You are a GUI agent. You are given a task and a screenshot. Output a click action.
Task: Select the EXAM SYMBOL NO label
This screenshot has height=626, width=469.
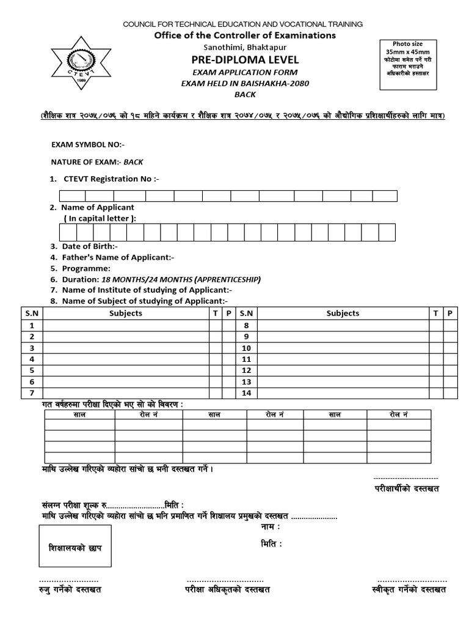pyautogui.click(x=88, y=145)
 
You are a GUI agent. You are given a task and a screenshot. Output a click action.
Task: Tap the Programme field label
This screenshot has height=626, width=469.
pyautogui.click(x=85, y=268)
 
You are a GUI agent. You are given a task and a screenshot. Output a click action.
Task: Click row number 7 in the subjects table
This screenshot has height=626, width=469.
pyautogui.click(x=31, y=392)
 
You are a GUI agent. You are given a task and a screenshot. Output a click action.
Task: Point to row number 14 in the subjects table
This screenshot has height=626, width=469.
pyautogui.click(x=247, y=392)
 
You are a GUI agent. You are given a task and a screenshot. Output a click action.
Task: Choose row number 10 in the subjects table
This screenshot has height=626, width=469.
pyautogui.click(x=247, y=348)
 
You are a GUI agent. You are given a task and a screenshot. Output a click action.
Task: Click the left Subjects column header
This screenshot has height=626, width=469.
pyautogui.click(x=126, y=313)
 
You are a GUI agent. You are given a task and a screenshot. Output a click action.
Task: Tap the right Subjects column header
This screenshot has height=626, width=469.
pyautogui.click(x=343, y=313)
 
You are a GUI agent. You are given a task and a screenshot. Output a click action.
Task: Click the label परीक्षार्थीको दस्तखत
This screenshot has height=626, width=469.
pyautogui.click(x=407, y=488)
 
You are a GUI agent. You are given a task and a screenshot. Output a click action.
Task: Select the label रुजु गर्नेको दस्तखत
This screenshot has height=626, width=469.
pyautogui.click(x=70, y=589)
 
